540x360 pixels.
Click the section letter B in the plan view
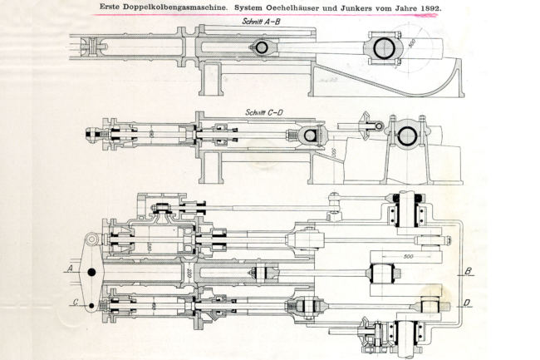pyautogui.click(x=468, y=271)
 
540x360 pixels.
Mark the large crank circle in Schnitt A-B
pyautogui.click(x=386, y=49)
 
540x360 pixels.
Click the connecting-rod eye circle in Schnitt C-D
pyautogui.click(x=312, y=136)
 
